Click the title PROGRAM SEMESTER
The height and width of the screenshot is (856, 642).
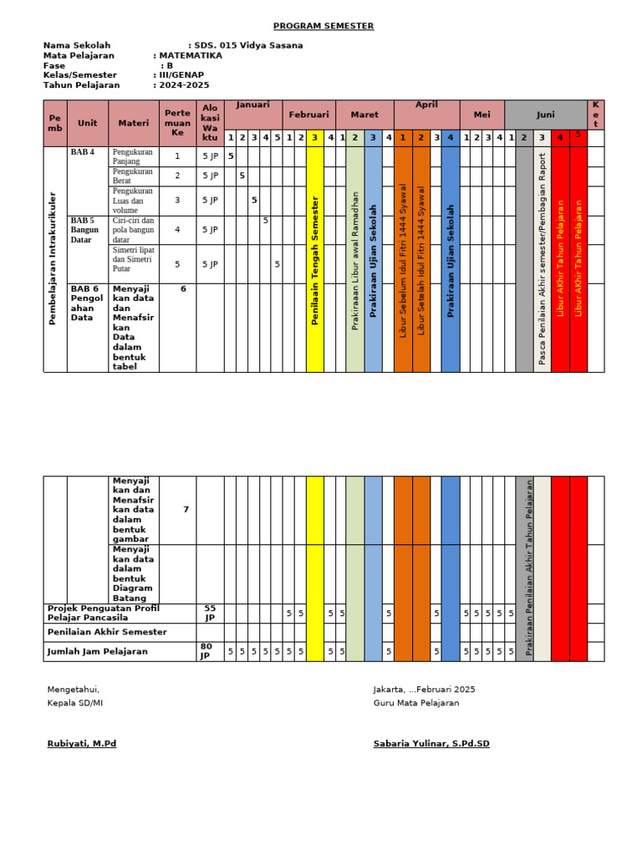coord(324,26)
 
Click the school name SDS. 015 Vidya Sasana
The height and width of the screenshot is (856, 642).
coord(248,45)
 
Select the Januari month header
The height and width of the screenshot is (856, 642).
coord(253,105)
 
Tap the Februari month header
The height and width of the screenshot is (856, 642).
coord(309,115)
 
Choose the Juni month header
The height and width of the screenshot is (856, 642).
coord(546,115)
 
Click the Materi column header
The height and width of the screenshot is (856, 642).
coord(134,123)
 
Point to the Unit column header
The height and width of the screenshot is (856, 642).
coord(88,123)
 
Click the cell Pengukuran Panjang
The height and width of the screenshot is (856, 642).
coord(133,156)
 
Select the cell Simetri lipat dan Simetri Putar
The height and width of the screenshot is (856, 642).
coord(134,264)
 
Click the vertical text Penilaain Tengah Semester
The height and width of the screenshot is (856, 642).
coord(315,260)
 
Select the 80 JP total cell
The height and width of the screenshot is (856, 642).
coord(206,651)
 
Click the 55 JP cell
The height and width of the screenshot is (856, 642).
coord(209,613)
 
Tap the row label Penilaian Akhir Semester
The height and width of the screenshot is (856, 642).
coord(107,632)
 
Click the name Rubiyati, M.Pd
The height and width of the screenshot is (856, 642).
coord(82,743)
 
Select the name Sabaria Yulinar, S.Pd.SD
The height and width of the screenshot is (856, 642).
coord(431,743)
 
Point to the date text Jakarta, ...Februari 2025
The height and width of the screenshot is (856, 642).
coord(424,689)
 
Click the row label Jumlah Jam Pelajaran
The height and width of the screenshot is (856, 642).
coord(98,651)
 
